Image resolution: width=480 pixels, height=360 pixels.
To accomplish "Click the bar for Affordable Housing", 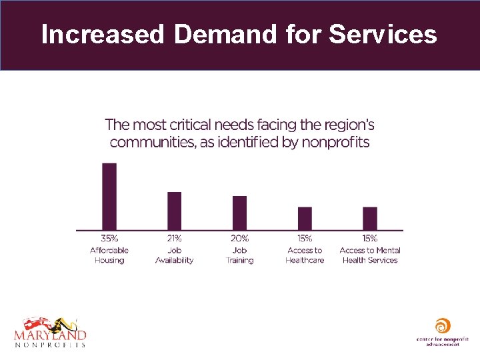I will click(109, 197).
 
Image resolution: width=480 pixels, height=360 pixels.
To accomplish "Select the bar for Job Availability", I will click(174, 211).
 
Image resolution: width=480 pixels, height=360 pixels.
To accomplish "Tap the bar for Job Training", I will click(239, 213).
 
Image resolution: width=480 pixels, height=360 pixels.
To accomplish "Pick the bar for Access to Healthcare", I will click(305, 219).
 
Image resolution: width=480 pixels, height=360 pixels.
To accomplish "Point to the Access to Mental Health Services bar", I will click(370, 219).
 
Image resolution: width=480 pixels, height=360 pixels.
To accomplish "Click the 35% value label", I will click(109, 239).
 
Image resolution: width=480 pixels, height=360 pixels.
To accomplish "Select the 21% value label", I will click(174, 239).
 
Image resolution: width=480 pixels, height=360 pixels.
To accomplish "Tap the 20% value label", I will click(239, 239).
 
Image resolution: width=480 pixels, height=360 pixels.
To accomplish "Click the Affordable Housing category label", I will click(109, 255).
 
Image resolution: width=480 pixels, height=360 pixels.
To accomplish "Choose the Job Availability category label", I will click(174, 255).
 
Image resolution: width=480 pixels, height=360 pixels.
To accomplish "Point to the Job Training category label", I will click(239, 255).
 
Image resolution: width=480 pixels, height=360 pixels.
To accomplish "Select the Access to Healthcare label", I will click(305, 255).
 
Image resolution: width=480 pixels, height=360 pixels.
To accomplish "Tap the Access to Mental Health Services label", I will click(370, 255).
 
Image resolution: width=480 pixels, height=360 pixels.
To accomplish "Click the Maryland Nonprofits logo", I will click(50, 331).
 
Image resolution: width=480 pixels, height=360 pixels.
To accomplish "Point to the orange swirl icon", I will click(441, 327).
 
